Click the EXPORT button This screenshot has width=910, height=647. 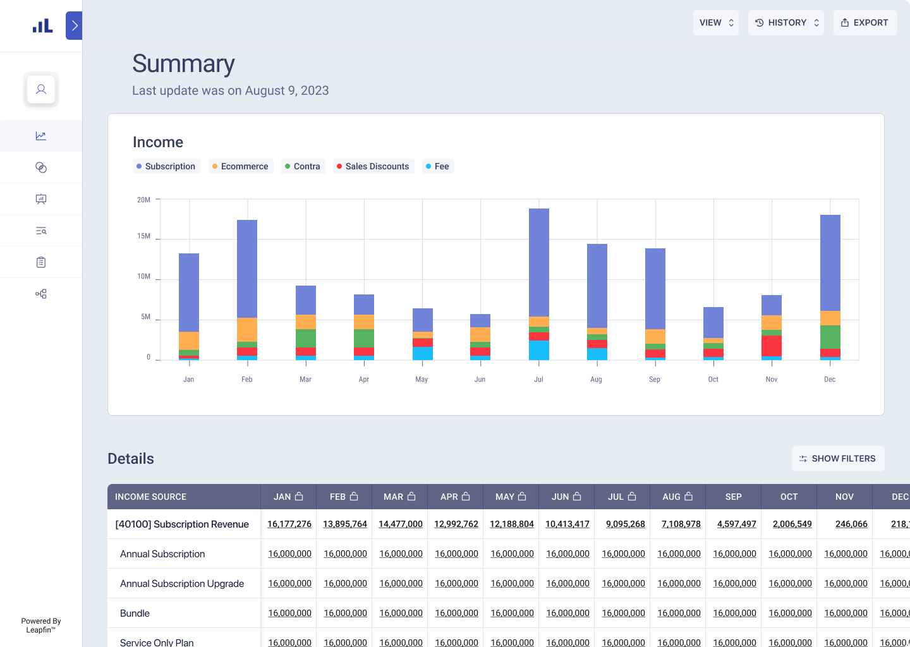(864, 23)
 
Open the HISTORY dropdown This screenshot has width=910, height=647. (786, 23)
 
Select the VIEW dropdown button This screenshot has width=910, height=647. (715, 23)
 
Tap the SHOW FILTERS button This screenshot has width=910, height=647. (837, 459)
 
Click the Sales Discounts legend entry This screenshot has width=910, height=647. (373, 166)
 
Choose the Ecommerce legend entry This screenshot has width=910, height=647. (240, 166)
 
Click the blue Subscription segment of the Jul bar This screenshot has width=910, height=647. (538, 262)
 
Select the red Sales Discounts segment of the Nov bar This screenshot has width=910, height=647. (771, 346)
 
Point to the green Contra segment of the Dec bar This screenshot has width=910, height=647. (830, 337)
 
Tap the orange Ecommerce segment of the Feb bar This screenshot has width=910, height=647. (246, 329)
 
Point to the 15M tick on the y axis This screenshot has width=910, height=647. (143, 236)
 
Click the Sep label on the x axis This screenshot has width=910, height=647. (655, 380)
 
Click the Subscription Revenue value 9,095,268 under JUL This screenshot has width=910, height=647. (625, 524)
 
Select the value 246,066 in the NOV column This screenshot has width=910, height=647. (851, 524)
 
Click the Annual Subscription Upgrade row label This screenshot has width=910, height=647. (182, 583)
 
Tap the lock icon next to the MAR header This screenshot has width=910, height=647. (411, 497)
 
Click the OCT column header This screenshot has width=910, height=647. (789, 497)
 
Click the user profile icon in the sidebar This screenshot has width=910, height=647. (41, 90)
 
